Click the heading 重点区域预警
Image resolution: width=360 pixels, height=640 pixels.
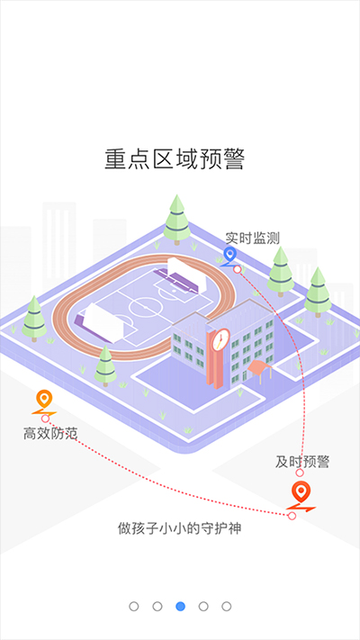coord(175,159)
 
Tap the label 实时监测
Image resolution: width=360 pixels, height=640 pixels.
coord(253,239)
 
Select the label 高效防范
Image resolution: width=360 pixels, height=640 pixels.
coord(50,434)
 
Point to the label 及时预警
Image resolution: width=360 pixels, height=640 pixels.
coord(302,462)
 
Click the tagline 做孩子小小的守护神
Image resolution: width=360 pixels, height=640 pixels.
coord(180,528)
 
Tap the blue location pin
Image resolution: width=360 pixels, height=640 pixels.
coord(230,256)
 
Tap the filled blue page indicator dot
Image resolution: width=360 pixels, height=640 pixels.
coord(180,607)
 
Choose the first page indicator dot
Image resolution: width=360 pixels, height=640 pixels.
coord(134,607)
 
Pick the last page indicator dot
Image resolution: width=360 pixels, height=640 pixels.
coord(227,607)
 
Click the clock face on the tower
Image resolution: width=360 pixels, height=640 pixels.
coord(220,338)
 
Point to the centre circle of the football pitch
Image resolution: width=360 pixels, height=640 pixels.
coord(144,307)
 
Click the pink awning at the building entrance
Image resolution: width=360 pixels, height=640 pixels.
coord(259,367)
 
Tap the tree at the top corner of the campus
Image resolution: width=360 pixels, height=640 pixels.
coord(176,220)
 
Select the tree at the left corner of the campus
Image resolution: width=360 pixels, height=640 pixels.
coord(34,319)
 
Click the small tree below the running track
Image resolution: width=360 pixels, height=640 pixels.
coord(105,365)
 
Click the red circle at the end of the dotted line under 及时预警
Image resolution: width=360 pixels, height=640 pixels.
coord(300,473)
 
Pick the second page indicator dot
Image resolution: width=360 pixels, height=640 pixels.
coord(157,607)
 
